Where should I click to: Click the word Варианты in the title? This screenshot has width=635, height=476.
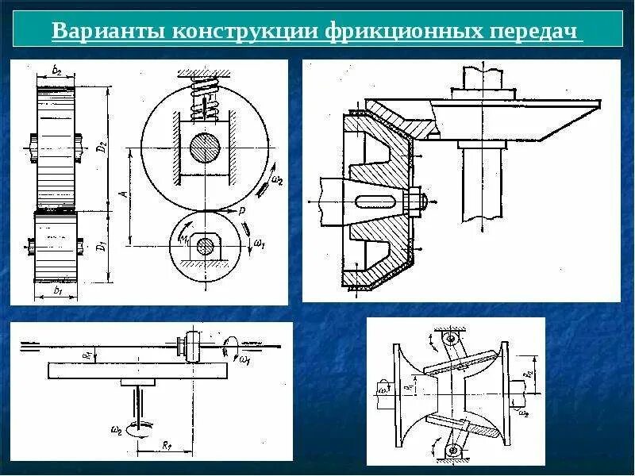pos(102,33)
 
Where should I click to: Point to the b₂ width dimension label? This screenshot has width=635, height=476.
pos(56,71)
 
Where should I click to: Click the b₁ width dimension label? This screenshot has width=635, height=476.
pos(56,291)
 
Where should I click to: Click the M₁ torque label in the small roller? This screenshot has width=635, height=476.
pos(184,239)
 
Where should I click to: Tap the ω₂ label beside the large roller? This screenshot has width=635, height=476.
pos(275,180)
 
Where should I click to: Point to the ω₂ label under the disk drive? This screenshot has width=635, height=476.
pos(117,429)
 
